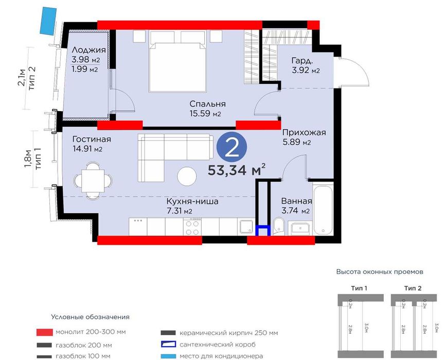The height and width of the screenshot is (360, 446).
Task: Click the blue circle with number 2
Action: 231,147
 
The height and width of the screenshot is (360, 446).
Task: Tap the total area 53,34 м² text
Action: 237,170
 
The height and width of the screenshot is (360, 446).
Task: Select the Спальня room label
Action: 208,104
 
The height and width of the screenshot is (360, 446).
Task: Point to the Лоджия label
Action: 89,50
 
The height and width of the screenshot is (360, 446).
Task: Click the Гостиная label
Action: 92,139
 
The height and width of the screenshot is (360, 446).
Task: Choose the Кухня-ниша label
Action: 192,202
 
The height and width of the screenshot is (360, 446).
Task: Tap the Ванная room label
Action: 297,201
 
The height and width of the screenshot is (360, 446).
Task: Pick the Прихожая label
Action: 304,133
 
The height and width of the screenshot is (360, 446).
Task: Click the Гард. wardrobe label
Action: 302,60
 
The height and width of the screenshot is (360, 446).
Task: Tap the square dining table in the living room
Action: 93,181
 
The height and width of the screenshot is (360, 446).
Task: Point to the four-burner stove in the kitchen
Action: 192,227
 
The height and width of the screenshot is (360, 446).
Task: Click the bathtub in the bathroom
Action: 323,210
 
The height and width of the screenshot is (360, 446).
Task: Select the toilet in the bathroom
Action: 278,227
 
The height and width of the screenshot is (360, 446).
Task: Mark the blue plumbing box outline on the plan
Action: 263,230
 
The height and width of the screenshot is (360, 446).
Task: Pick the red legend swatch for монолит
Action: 45,332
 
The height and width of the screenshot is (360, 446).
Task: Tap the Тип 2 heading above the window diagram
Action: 413,289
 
